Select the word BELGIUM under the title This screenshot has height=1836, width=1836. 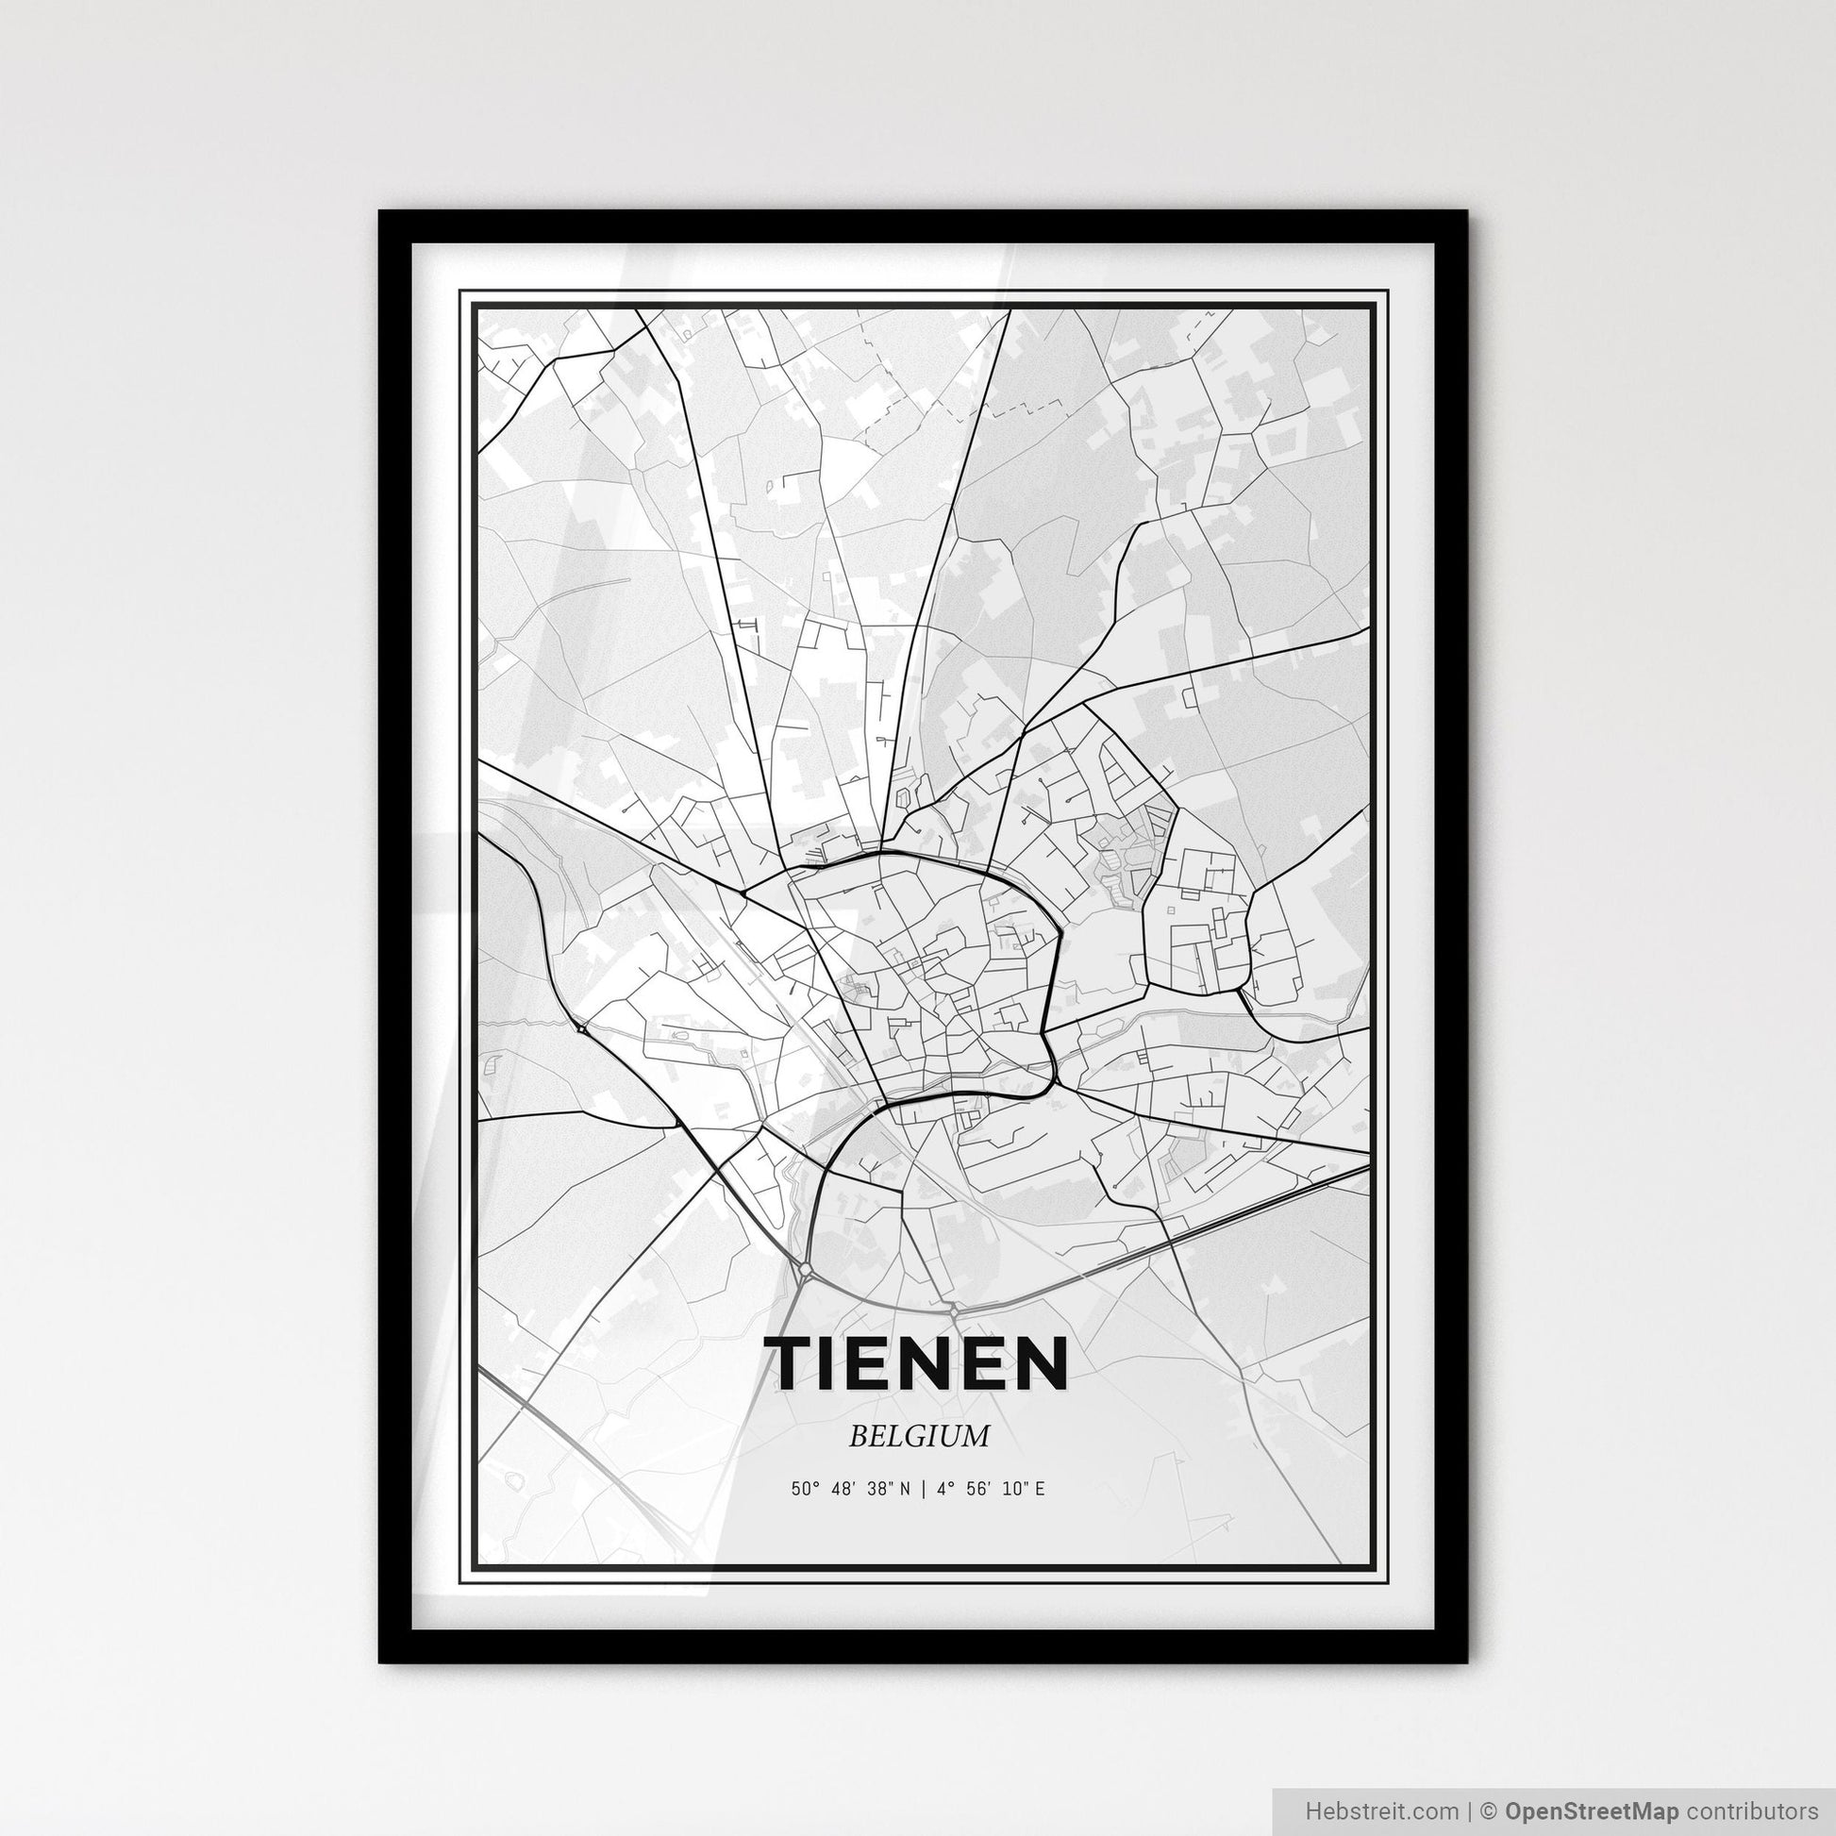(919, 1436)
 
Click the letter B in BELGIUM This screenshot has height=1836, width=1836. (858, 1436)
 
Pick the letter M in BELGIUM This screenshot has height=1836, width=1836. (976, 1436)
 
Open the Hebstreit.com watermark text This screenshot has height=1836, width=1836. (1381, 1810)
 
